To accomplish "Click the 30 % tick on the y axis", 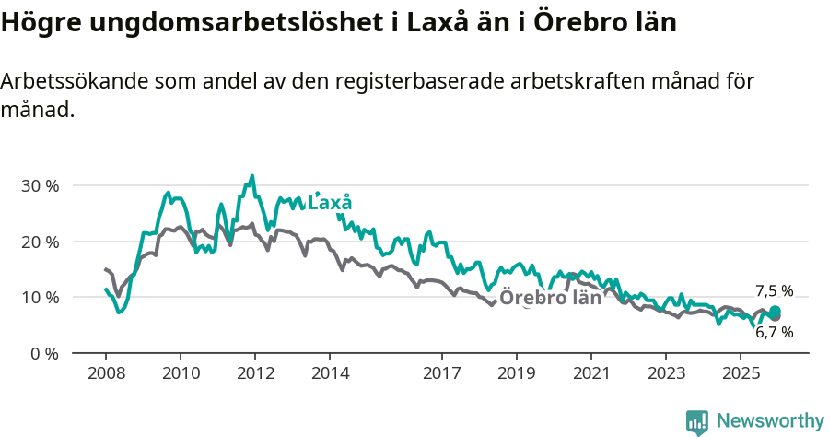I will point(40,185).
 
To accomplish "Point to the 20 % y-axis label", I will point(40,242).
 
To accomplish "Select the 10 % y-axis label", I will point(40,298).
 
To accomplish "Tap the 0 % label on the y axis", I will point(43,353).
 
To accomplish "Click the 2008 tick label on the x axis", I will point(105,373).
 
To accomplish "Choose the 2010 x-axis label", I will point(180,373).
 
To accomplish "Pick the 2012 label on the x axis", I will point(255,373).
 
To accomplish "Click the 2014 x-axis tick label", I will point(330,373).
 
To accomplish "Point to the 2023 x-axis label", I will point(666,373).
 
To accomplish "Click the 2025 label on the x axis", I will point(741,373).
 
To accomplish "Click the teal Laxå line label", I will point(330,203).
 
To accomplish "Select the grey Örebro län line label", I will point(551,298).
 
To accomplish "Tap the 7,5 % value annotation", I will point(774,290).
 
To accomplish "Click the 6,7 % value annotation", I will point(774,332).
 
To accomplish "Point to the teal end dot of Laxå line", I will point(776,312).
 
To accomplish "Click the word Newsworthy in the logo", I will point(770,421).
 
